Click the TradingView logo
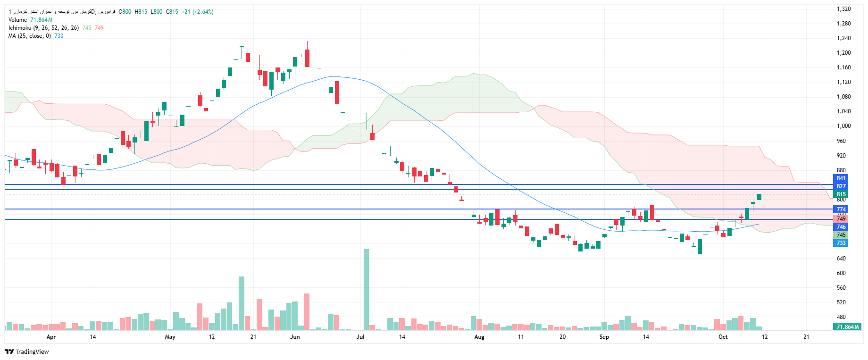[27, 352]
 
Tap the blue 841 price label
[841, 178]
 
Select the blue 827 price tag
[841, 186]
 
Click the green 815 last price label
[841, 194]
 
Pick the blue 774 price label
[841, 209]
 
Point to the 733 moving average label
[841, 243]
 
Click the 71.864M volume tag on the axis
[848, 327]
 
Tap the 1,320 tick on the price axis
[843, 9]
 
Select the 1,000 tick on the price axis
[843, 126]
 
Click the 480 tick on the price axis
[841, 317]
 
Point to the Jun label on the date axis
[295, 337]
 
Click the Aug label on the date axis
[479, 337]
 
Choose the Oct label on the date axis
[723, 337]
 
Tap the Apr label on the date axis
[51, 337]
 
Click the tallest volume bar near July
[366, 289]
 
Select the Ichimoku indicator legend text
[43, 28]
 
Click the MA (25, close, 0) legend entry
[29, 36]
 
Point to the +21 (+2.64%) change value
[197, 12]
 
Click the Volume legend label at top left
[18, 20]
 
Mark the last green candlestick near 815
[759, 197]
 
